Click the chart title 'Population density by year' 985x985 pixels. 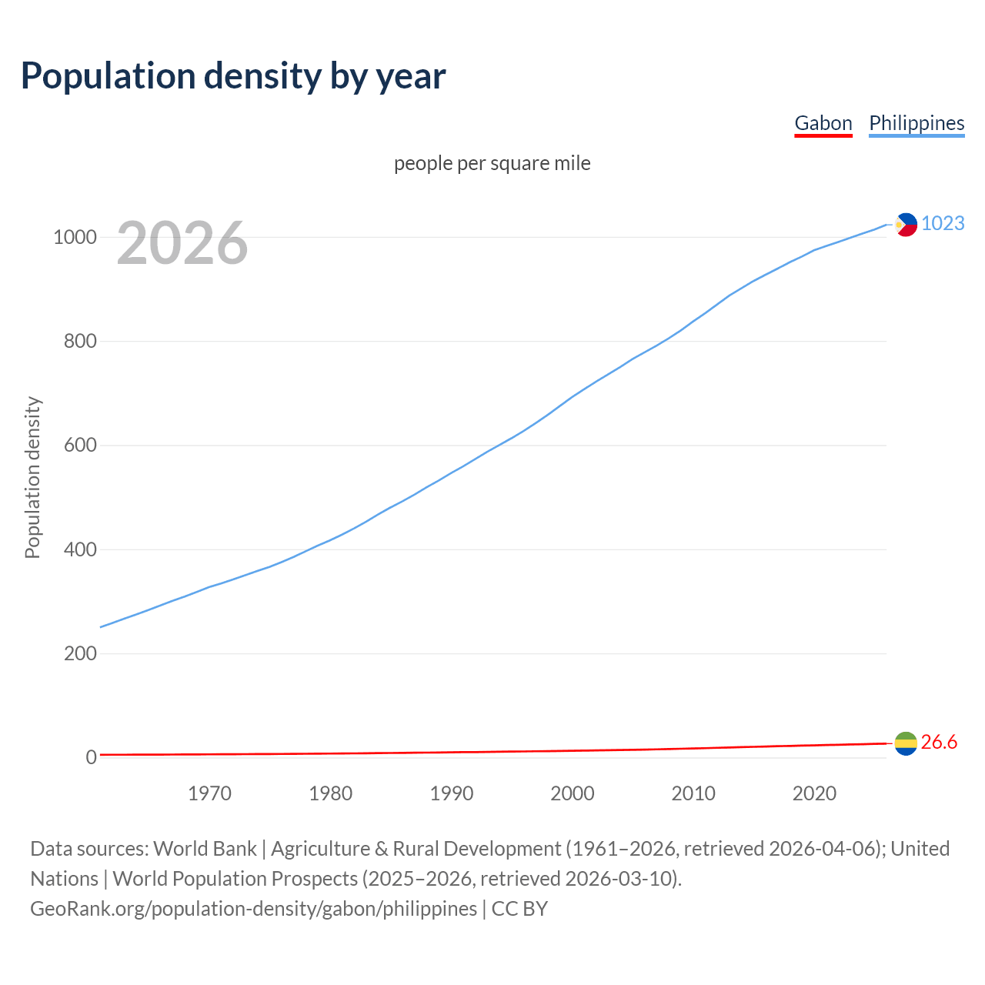click(x=233, y=75)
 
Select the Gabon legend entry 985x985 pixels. click(x=823, y=123)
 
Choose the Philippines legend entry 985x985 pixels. click(x=917, y=123)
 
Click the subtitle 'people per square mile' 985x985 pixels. click(x=492, y=163)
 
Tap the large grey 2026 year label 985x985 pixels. click(x=182, y=243)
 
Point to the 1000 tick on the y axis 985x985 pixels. click(x=75, y=237)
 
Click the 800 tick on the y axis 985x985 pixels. click(x=80, y=341)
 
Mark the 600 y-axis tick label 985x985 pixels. click(x=80, y=446)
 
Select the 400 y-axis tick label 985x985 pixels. click(x=80, y=549)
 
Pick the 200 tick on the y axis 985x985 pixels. click(x=80, y=653)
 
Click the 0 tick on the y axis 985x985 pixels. click(x=92, y=757)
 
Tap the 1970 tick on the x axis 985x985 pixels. click(x=209, y=793)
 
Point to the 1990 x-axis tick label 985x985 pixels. click(x=452, y=793)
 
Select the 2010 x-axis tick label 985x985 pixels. click(x=693, y=793)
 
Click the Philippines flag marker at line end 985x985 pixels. click(x=906, y=225)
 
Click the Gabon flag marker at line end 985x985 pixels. click(x=906, y=743)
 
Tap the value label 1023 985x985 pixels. click(x=943, y=223)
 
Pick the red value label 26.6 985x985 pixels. click(x=939, y=742)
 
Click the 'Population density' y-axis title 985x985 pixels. click(x=32, y=477)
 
